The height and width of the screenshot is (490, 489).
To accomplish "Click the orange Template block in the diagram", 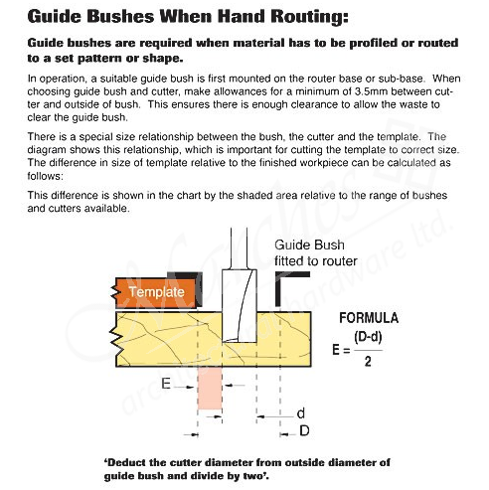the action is (x=152, y=292).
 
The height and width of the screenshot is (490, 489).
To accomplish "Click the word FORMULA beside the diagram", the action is (x=370, y=319).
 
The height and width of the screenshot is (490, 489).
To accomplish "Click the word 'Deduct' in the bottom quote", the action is (x=129, y=461).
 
